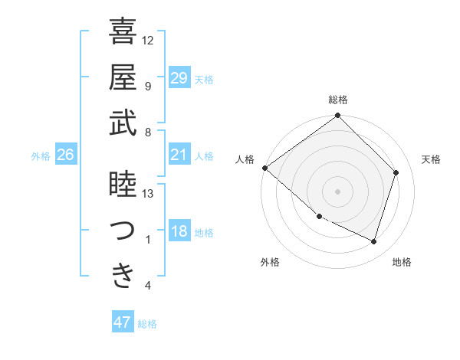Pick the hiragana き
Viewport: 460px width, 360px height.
click(123, 276)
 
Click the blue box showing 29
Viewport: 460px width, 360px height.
click(179, 77)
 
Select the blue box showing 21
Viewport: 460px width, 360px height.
click(179, 155)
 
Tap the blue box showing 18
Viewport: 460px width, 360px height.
click(179, 232)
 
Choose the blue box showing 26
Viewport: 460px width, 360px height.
click(65, 155)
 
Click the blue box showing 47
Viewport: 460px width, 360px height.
click(123, 322)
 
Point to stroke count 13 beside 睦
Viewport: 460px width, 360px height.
click(148, 194)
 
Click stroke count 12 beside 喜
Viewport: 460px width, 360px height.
click(148, 40)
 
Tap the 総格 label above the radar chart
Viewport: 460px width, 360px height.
click(338, 100)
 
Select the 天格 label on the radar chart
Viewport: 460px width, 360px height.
click(432, 159)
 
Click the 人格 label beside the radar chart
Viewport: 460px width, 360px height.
click(245, 159)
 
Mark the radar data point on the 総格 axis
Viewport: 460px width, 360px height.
click(338, 116)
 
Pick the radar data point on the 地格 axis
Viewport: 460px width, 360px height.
click(374, 242)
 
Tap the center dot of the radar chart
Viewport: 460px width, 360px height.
click(338, 191)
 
